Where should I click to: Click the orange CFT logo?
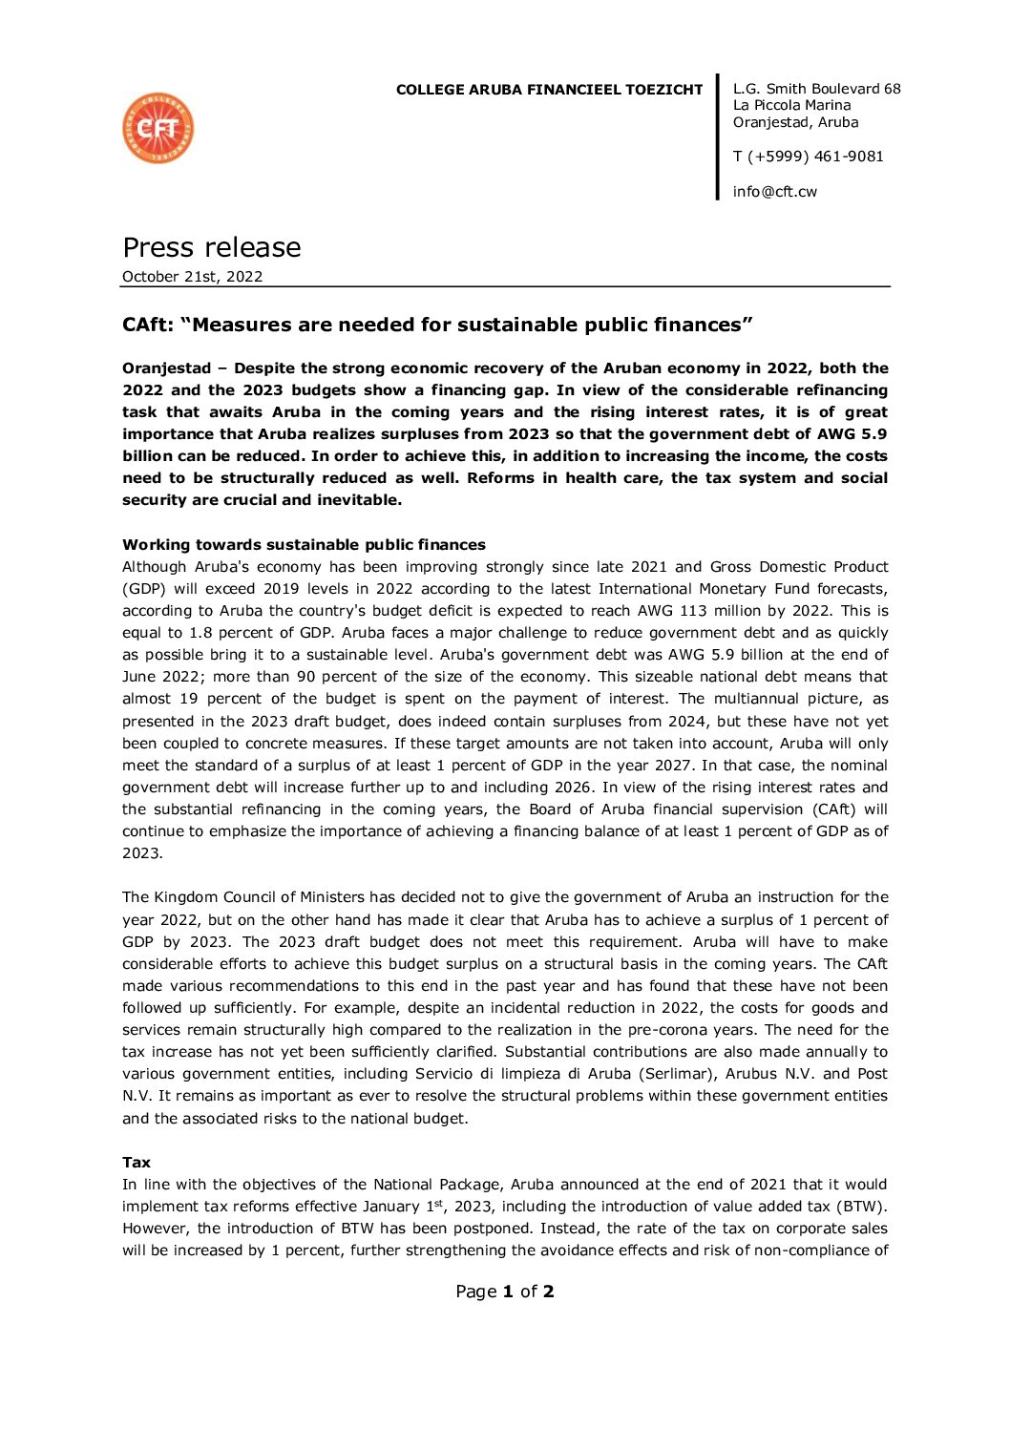[158, 128]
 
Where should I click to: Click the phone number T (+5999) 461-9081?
[808, 157]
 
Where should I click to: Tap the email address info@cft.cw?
[774, 192]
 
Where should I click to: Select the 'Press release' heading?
[212, 247]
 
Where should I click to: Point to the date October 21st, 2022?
[192, 277]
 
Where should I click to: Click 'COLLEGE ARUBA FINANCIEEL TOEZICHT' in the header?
[549, 90]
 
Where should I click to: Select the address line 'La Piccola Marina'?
[791, 105]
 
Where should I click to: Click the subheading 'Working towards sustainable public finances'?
[304, 545]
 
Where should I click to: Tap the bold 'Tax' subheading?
[137, 1163]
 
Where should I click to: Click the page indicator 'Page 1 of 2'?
[504, 1292]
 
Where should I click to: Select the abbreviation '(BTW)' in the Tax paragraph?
[862, 1207]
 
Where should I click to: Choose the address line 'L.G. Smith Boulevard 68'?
[816, 89]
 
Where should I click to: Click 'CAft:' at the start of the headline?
[148, 326]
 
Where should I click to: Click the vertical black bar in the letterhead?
[718, 137]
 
